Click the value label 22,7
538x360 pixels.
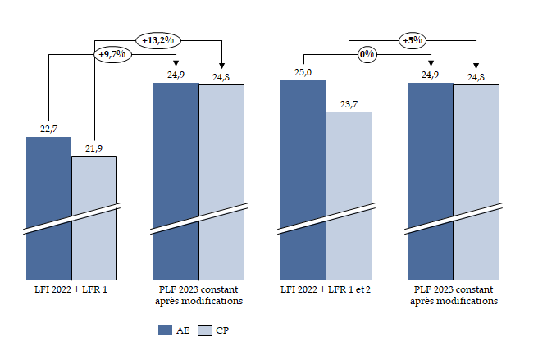48,129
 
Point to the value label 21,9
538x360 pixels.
94,148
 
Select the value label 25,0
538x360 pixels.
303,72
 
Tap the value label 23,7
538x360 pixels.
349,103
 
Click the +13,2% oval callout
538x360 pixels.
159,40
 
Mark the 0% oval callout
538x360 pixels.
367,55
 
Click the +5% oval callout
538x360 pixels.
412,40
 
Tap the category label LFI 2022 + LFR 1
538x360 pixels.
71,290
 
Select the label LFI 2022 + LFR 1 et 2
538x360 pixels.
326,290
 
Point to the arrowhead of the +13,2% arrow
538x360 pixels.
221,66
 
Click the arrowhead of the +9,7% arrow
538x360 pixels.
176,66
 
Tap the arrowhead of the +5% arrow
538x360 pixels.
476,66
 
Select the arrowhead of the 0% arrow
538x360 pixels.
431,66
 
